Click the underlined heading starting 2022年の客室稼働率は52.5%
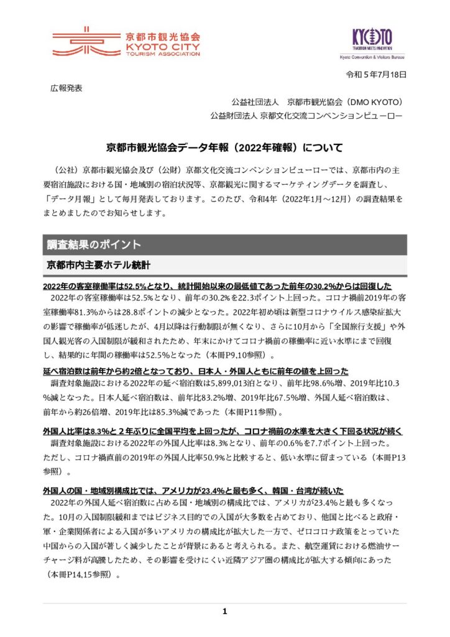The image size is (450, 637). [217, 287]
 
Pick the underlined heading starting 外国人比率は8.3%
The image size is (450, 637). [224, 431]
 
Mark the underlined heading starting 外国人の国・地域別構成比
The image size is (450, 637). [193, 491]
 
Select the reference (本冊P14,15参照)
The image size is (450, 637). [81, 576]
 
